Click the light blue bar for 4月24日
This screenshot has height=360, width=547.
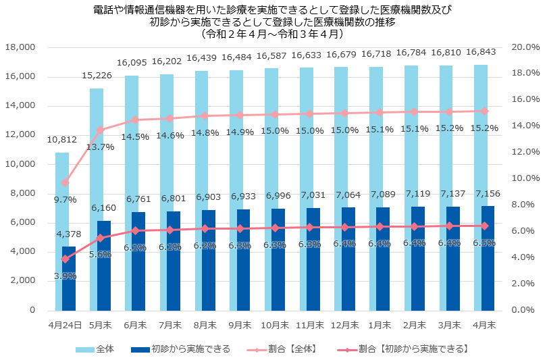click(61, 203)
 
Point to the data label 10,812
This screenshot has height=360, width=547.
click(61, 140)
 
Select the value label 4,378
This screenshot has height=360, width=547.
click(68, 234)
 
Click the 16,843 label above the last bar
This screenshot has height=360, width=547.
click(481, 52)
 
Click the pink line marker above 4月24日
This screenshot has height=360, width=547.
click(66, 182)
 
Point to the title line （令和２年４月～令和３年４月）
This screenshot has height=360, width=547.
click(273, 32)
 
